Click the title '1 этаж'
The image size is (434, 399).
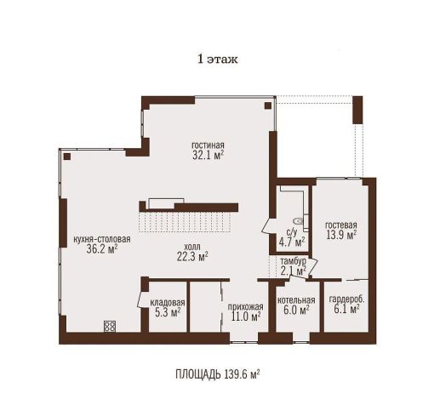click(x=218, y=60)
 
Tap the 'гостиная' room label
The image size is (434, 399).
click(x=208, y=145)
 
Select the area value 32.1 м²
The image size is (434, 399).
click(x=208, y=155)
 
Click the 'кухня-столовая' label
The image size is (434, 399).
click(x=102, y=239)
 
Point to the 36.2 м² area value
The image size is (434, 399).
click(x=102, y=249)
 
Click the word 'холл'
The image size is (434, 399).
click(x=192, y=246)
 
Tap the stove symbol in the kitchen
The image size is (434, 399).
click(x=110, y=326)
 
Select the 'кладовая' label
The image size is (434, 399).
click(x=168, y=302)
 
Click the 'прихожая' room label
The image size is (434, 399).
click(x=246, y=306)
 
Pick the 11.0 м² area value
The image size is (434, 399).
click(x=246, y=316)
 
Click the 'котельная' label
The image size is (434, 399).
click(x=296, y=300)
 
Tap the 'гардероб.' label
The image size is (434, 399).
click(x=346, y=299)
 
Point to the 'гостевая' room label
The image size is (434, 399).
click(x=341, y=225)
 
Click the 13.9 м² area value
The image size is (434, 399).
click(x=341, y=235)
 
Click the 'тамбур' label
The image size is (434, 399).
click(x=293, y=261)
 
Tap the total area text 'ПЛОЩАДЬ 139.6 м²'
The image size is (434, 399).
click(x=218, y=374)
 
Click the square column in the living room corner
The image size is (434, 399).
click(x=268, y=105)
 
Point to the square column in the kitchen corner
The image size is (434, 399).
click(x=67, y=157)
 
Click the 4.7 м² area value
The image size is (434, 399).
click(x=292, y=242)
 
